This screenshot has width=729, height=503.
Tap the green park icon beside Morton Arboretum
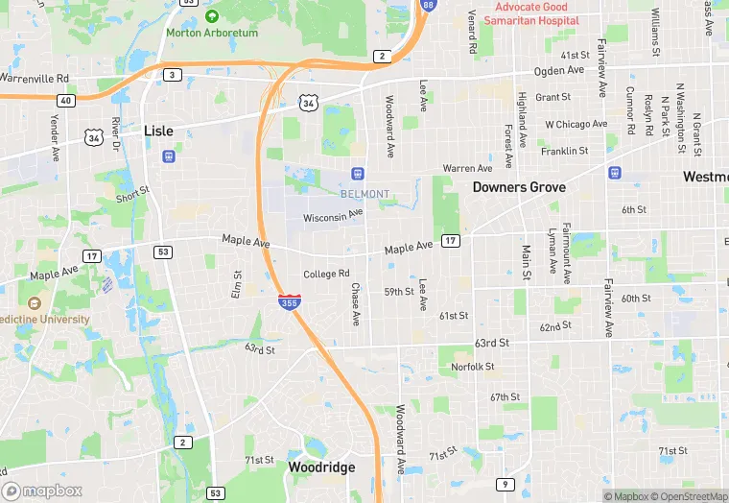click(212, 16)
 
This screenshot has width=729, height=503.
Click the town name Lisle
click(158, 131)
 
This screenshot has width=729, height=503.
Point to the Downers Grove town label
click(519, 187)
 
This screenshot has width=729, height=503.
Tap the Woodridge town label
click(321, 467)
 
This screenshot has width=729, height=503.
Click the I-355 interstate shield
click(288, 301)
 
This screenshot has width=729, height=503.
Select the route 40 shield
click(65, 100)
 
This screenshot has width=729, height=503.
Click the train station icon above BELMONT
click(357, 174)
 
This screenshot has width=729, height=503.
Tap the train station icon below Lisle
click(169, 155)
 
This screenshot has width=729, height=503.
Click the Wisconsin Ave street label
click(333, 217)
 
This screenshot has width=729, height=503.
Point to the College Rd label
click(326, 274)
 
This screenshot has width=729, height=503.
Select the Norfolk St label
click(472, 366)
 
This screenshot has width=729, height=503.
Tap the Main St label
click(526, 262)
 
